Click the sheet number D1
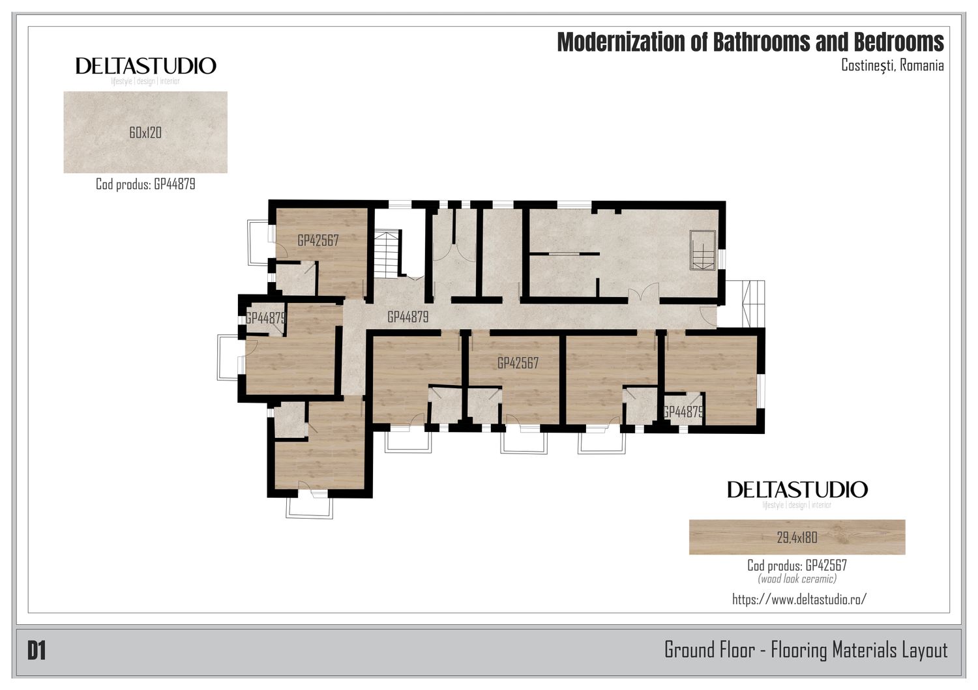(37, 651)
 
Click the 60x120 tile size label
(145, 132)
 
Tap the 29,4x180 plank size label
(797, 538)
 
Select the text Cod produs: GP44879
(145, 184)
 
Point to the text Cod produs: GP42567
(797, 565)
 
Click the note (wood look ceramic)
(797, 579)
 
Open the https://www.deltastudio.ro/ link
(799, 599)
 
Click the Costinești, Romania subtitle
(893, 65)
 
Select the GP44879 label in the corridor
(407, 317)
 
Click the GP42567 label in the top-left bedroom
(318, 240)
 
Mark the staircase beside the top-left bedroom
(387, 254)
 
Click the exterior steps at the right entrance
(753, 304)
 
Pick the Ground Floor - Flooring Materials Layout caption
(806, 650)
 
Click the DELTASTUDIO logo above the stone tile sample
(146, 66)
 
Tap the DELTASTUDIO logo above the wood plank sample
(797, 490)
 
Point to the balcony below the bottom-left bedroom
(310, 508)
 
